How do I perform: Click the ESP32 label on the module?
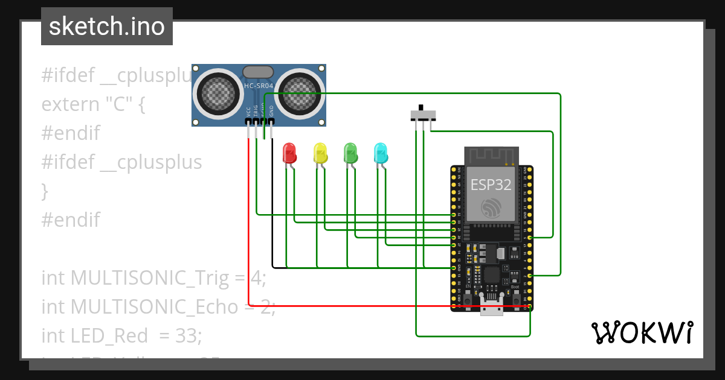click(491, 185)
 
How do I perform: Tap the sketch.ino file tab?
click(107, 27)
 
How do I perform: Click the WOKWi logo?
click(642, 332)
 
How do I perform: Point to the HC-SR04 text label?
click(259, 86)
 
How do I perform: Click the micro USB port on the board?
click(492, 308)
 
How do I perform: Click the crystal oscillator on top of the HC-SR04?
click(258, 71)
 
